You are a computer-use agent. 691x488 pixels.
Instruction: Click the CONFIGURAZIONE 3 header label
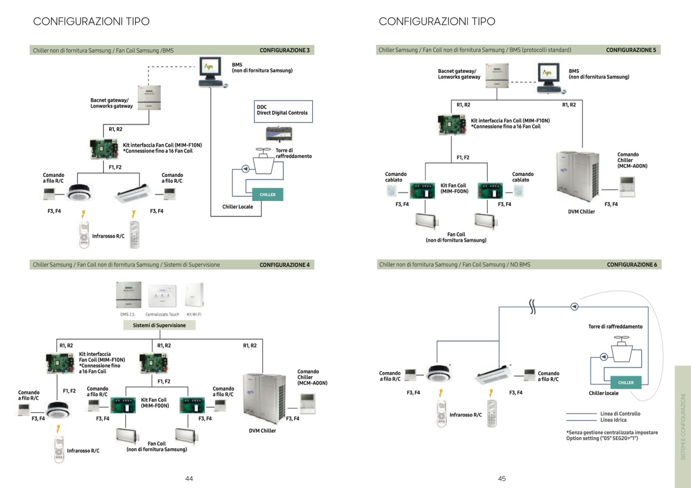tap(284, 50)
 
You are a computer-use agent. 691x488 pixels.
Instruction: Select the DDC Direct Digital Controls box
tap(283, 111)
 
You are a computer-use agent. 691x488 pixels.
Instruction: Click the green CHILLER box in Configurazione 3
tap(268, 194)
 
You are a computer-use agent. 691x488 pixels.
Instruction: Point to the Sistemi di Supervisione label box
tap(159, 325)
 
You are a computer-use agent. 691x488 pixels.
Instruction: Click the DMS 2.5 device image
tap(128, 296)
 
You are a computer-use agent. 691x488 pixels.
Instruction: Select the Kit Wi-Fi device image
tap(194, 296)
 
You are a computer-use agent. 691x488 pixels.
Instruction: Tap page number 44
tap(189, 478)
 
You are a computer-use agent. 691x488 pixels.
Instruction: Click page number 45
tap(502, 478)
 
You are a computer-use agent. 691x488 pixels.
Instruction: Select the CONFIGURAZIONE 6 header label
tap(632, 265)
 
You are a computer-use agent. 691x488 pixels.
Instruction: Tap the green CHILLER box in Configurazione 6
tap(626, 383)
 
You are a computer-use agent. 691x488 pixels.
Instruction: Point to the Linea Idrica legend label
tap(613, 420)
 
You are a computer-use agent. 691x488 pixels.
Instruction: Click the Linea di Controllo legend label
tap(620, 414)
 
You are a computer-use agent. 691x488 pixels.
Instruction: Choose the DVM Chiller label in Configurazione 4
tap(262, 430)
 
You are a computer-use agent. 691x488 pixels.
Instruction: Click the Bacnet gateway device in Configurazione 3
tap(149, 97)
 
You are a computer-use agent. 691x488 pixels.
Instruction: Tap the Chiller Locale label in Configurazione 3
tap(237, 207)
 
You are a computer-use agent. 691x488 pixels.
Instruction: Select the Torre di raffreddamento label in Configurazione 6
tap(615, 327)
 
